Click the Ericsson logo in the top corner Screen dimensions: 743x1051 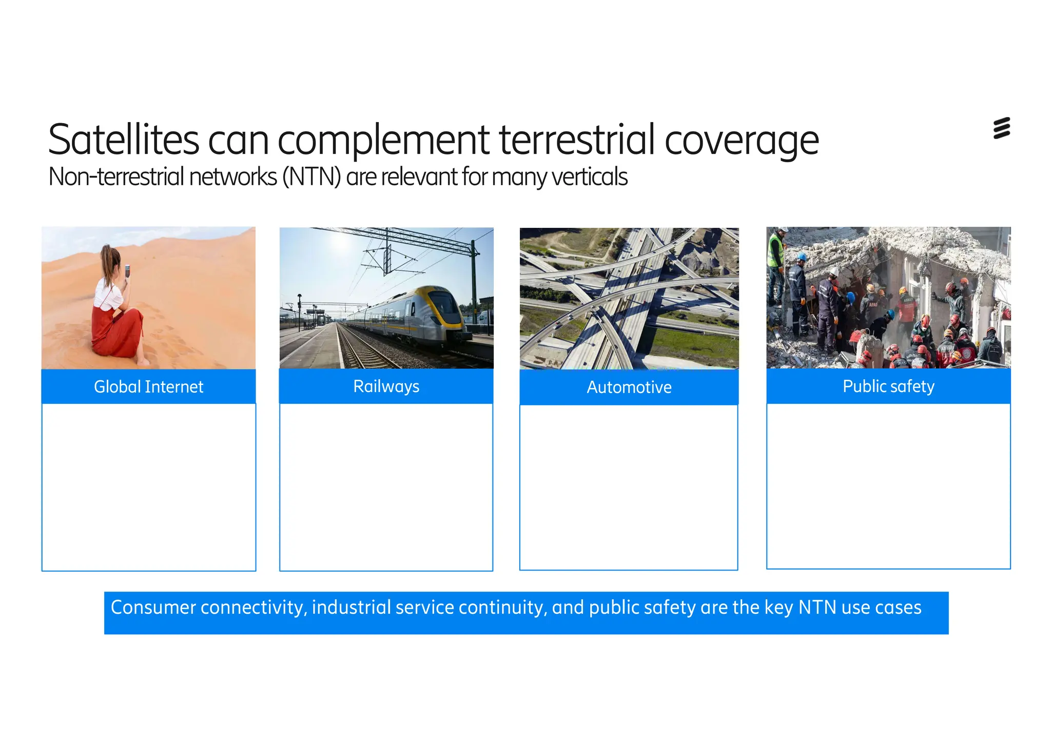pyautogui.click(x=1001, y=128)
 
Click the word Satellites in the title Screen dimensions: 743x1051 pyautogui.click(x=124, y=140)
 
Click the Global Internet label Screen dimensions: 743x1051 pyautogui.click(x=148, y=386)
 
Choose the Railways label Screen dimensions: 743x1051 pyautogui.click(x=386, y=386)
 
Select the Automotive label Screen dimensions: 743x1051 pyautogui.click(x=629, y=387)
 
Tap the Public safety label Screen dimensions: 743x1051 pyautogui.click(x=888, y=386)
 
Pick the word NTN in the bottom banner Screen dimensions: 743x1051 pyautogui.click(x=818, y=608)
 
